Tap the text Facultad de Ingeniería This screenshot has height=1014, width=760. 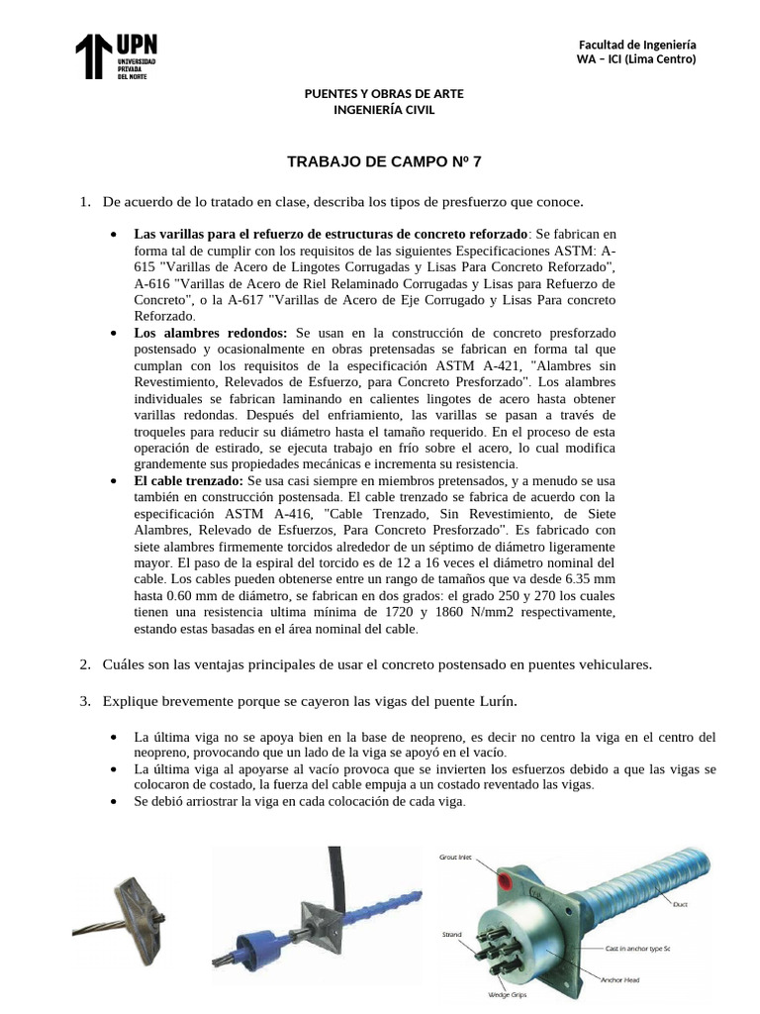click(x=637, y=46)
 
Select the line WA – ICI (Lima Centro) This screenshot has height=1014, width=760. click(x=637, y=59)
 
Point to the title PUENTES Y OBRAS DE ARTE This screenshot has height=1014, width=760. click(x=383, y=93)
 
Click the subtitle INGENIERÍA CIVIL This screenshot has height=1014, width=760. click(x=383, y=109)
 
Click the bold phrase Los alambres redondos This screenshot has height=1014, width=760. click(x=210, y=334)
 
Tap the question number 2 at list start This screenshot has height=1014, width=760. click(x=84, y=663)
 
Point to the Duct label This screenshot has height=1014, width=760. click(x=680, y=903)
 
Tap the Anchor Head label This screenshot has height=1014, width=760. click(x=621, y=980)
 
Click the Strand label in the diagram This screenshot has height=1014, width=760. click(x=451, y=934)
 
